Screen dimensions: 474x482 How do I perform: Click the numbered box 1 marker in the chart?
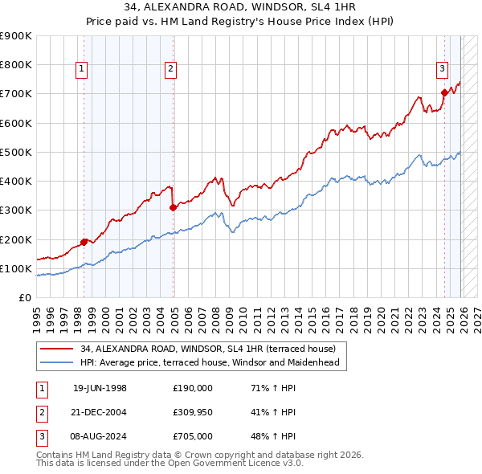[x=83, y=70]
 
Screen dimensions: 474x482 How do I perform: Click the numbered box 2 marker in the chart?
[x=171, y=70]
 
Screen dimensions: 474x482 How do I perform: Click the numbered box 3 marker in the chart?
[x=442, y=70]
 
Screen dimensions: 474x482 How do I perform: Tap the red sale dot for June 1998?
[x=84, y=241]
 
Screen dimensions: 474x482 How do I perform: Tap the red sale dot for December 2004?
[x=174, y=207]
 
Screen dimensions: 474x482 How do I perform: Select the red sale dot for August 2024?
[x=444, y=92]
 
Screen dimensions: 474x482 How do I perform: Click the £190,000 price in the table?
[x=193, y=388]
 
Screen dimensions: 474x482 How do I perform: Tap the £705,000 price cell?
[x=193, y=436]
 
